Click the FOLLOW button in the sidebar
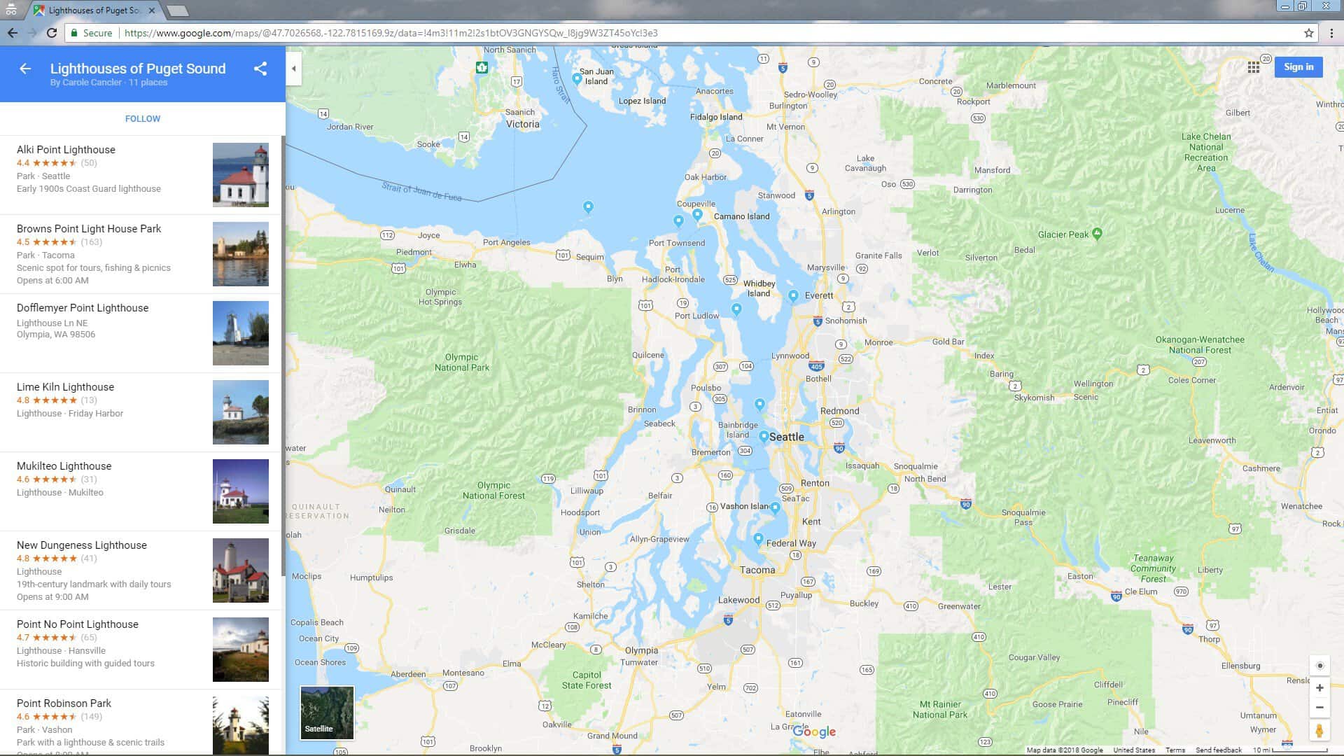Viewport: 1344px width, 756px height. tap(143, 119)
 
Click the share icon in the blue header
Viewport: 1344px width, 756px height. tap(260, 69)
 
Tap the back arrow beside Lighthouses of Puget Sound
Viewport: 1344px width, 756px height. tap(25, 69)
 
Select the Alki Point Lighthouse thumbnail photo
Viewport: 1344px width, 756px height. tap(240, 175)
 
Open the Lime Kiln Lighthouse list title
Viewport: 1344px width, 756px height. tap(65, 387)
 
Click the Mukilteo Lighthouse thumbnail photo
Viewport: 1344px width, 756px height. tap(240, 491)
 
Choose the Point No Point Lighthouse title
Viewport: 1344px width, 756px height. tap(78, 624)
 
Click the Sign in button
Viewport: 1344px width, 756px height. tap(1298, 67)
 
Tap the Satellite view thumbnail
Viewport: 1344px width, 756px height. tap(327, 713)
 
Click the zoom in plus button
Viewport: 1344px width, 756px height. tap(1319, 688)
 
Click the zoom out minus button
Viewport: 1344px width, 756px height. tap(1319, 708)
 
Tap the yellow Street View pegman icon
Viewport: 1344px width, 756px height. tap(1319, 731)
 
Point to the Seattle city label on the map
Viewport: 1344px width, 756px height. tap(787, 437)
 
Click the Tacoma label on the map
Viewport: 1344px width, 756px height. tap(757, 570)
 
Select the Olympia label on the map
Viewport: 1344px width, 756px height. tap(641, 650)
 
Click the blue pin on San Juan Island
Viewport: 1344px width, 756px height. tap(577, 78)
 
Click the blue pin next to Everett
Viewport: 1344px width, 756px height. tap(793, 295)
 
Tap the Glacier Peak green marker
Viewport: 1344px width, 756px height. tap(1097, 233)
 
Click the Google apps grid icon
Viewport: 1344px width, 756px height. tap(1254, 67)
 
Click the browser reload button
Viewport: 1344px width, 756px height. tap(52, 33)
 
